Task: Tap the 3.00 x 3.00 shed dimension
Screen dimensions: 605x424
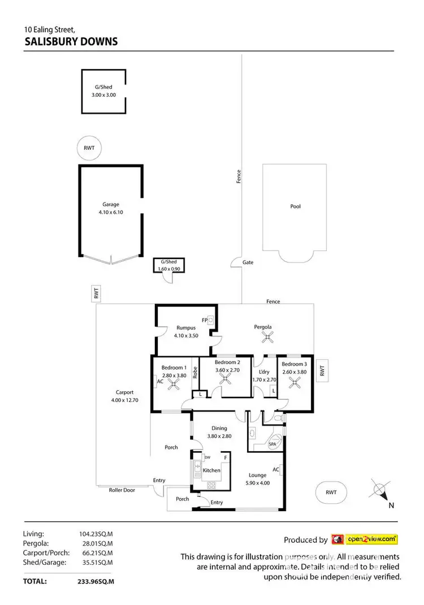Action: coord(103,95)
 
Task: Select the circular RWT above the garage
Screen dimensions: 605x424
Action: coord(90,148)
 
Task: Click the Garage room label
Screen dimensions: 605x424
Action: coord(111,205)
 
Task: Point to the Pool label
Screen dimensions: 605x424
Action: coord(295,206)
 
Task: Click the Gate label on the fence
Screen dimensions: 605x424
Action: coord(248,262)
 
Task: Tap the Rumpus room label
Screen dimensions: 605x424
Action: coord(186,327)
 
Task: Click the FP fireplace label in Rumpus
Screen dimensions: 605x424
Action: coord(205,320)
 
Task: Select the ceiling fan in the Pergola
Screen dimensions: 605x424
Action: coord(267,338)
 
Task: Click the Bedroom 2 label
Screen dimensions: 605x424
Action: coord(228,362)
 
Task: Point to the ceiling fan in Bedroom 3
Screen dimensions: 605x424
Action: coord(294,382)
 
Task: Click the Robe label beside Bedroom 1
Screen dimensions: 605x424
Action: coord(194,373)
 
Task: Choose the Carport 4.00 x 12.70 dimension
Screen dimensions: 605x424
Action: coord(124,400)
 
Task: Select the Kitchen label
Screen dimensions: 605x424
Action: coord(211,470)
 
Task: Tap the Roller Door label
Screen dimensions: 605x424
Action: coord(122,490)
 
